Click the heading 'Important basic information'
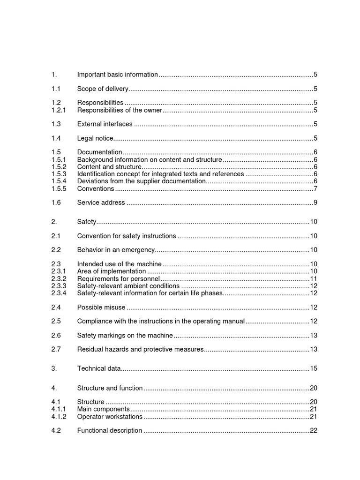pyautogui.click(x=118, y=75)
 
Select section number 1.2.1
pyautogui.click(x=59, y=110)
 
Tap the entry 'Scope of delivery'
pyautogui.click(x=103, y=89)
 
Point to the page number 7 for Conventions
pyautogui.click(x=315, y=189)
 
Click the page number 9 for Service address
pyautogui.click(x=315, y=203)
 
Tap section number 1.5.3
pyautogui.click(x=59, y=174)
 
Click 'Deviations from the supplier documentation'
pyautogui.click(x=142, y=181)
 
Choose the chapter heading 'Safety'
pyautogui.click(x=87, y=222)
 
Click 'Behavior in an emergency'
pyautogui.click(x=116, y=250)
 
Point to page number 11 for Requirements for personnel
pyautogui.click(x=314, y=279)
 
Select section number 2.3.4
pyautogui.click(x=59, y=293)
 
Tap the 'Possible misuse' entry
pyautogui.click(x=101, y=307)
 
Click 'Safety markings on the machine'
pyautogui.click(x=125, y=336)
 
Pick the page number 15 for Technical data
pyautogui.click(x=314, y=369)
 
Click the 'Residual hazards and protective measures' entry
pyautogui.click(x=140, y=350)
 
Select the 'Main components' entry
pyautogui.click(x=104, y=409)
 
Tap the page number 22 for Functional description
pyautogui.click(x=314, y=431)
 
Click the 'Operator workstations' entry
pyautogui.click(x=110, y=417)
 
